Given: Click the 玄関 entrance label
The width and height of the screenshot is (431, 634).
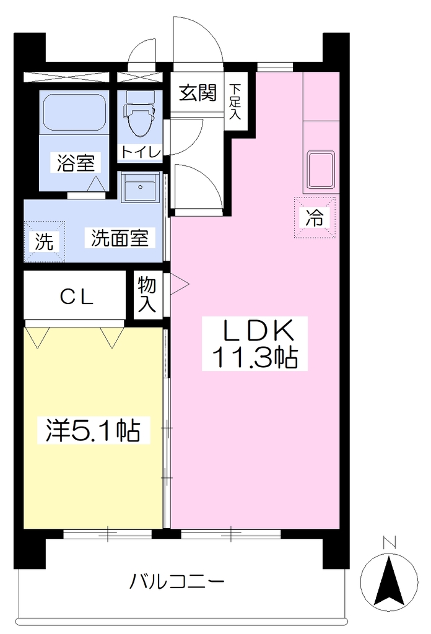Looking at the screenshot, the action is click(198, 93).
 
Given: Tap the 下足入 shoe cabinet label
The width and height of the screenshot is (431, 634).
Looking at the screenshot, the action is click(235, 102).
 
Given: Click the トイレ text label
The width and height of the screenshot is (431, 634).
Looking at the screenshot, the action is click(141, 152).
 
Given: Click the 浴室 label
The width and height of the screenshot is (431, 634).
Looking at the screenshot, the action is click(76, 163).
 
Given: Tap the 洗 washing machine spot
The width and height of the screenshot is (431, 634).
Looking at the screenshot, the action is click(45, 241).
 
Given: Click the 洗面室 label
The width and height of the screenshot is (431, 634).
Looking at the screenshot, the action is click(120, 238).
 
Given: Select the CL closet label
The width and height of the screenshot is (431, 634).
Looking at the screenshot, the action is click(77, 298).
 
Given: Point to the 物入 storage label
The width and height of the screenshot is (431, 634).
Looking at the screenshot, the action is click(147, 295).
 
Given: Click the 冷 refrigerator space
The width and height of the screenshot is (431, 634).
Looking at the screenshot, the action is click(315, 217).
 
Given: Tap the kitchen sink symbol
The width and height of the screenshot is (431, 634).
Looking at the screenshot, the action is click(321, 170).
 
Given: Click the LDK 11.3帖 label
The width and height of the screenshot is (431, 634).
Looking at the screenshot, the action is click(255, 343).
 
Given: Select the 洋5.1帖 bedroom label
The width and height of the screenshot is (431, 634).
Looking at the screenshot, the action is click(94, 431).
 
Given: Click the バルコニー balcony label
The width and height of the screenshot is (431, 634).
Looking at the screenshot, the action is click(176, 582).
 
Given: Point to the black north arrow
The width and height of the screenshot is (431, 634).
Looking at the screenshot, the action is click(389, 580).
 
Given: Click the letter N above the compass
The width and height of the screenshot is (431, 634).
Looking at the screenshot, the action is click(389, 543).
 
